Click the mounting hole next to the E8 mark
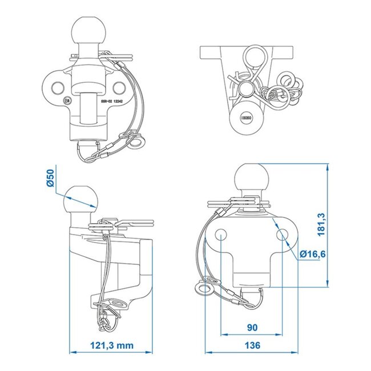point(58,86)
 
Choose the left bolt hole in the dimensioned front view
point(220,235)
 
